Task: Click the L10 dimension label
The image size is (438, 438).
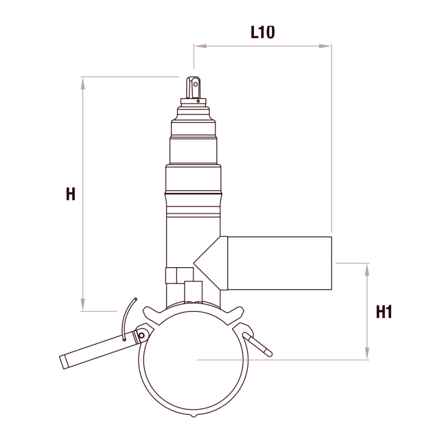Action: click(263, 32)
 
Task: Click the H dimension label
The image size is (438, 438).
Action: click(71, 194)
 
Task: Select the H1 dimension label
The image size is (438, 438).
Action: click(384, 312)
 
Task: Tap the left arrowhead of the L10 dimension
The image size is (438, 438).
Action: click(200, 46)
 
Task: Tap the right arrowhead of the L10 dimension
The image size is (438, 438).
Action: click(325, 46)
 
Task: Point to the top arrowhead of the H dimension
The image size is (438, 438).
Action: click(83, 83)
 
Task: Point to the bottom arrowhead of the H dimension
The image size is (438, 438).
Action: click(83, 304)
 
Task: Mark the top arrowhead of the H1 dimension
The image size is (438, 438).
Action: click(367, 270)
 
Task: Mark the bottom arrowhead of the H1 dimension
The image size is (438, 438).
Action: click(367, 353)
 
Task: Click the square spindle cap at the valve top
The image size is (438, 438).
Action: click(193, 88)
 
